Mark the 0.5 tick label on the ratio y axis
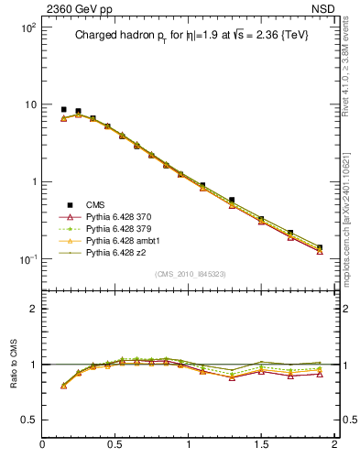point(29,420)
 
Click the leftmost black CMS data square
point(63,109)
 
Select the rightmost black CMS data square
point(320,247)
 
